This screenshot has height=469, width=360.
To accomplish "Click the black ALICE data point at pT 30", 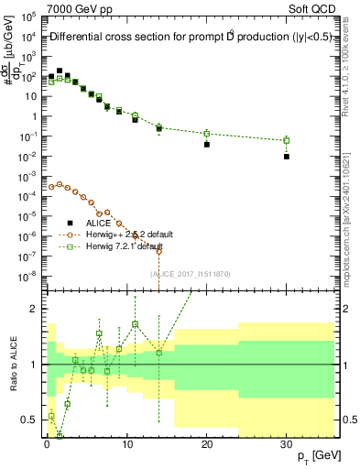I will [287, 157].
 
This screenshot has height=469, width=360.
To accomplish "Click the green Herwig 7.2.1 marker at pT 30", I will [287, 141].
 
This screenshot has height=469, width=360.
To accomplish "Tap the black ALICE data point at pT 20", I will [207, 145].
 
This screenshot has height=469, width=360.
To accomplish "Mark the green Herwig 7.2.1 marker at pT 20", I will [207, 134].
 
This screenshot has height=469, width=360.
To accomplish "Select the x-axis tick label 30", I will [287, 442].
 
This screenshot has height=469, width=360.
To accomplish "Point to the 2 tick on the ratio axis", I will [37, 309].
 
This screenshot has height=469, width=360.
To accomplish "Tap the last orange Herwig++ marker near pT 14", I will [158, 251].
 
